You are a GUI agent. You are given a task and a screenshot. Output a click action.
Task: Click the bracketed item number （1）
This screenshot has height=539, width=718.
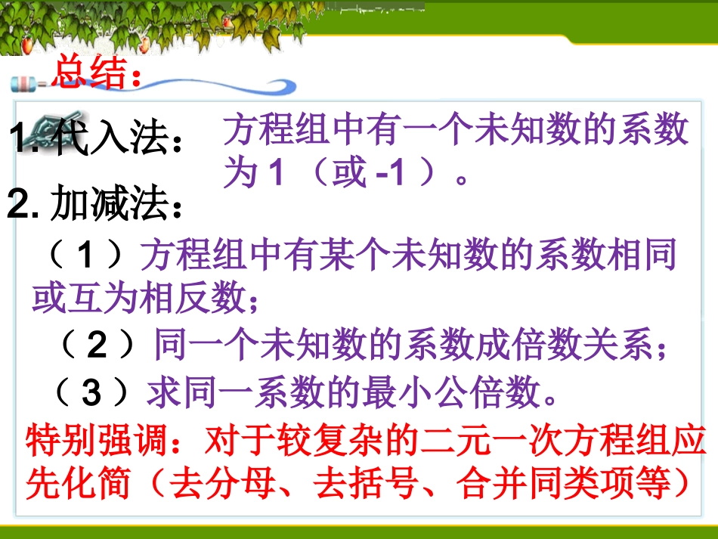pos(85,257)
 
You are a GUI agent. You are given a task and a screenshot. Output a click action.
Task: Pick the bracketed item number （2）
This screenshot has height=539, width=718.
pos(97,346)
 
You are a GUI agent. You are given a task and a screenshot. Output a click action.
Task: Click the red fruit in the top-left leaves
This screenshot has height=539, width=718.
pos(27,45)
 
